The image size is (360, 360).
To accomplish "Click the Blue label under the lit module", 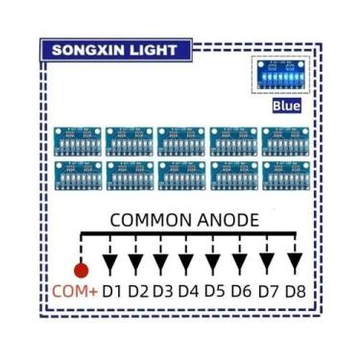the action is pyautogui.click(x=288, y=106).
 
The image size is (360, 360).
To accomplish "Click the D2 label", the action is pyautogui.click(x=137, y=290).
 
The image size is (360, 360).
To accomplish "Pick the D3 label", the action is pyautogui.click(x=163, y=290).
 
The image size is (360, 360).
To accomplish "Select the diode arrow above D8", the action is pyautogui.click(x=295, y=260).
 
